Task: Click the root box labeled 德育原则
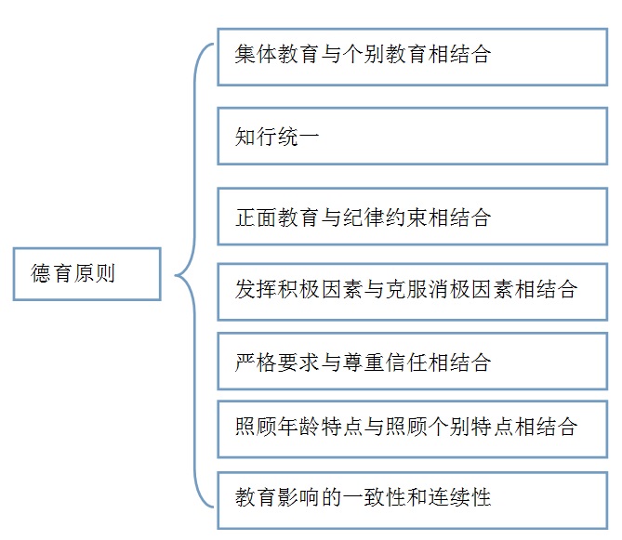pos(86,274)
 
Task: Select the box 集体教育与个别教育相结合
pos(413,57)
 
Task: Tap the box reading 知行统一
pos(413,136)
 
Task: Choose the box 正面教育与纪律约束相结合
pos(413,217)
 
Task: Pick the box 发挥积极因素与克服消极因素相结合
pos(413,292)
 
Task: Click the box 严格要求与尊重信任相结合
pos(413,362)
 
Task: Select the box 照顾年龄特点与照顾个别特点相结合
pos(413,429)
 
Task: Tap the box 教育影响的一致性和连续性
pos(413,500)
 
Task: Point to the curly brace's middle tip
pos(176,275)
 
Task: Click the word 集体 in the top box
pos(256,54)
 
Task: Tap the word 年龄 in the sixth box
pos(298,427)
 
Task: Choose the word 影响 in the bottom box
pos(298,497)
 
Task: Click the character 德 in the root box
pos(41,273)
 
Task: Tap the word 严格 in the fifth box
pos(256,362)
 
